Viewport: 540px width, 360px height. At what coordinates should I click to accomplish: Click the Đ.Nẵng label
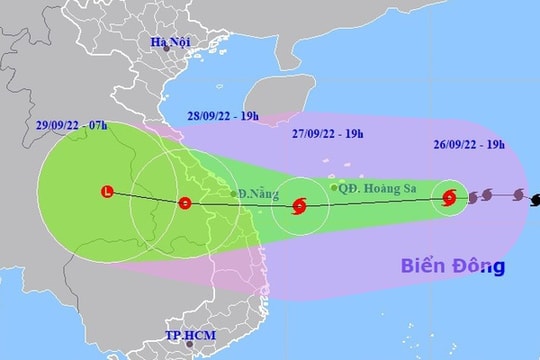point(257,192)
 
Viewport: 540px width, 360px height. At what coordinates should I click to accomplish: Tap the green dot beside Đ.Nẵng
point(233,194)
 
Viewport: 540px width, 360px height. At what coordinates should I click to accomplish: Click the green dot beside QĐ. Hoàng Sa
point(333,187)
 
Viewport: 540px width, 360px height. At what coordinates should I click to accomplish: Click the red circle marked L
point(107,192)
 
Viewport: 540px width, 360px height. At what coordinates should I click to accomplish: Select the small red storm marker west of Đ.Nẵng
point(184,203)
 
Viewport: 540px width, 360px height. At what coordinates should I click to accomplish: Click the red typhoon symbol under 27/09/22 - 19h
point(299,208)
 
